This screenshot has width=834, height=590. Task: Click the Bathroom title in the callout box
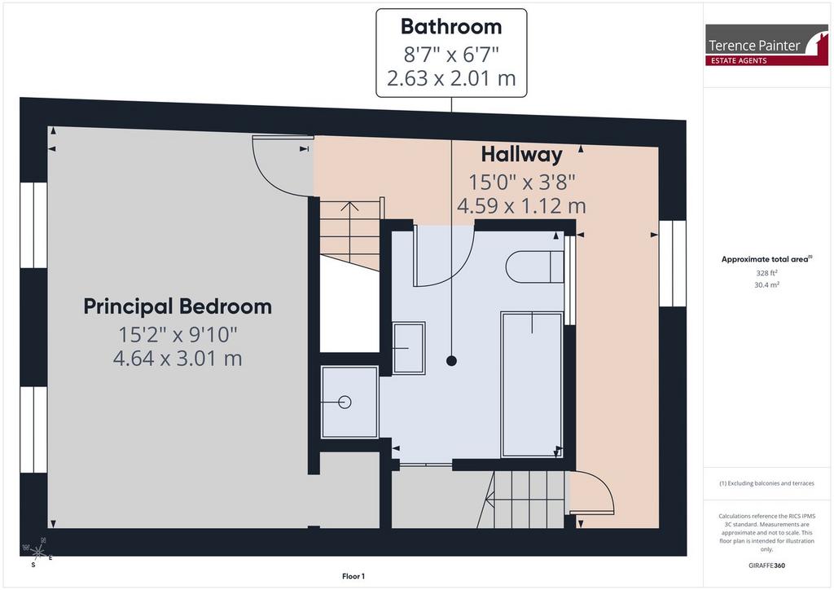tap(451, 27)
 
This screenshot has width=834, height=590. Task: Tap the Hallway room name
tap(521, 154)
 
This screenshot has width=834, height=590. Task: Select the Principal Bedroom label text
tap(178, 306)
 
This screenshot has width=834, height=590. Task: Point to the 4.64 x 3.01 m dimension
tap(178, 358)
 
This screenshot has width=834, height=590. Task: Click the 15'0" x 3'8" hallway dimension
tap(521, 182)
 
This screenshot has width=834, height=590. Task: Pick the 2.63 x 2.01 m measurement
tap(451, 78)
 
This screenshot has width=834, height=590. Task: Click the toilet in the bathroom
tap(534, 266)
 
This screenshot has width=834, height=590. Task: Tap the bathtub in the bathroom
tap(532, 384)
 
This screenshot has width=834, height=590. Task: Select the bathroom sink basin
tap(409, 348)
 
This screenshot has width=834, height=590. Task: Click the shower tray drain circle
tap(345, 403)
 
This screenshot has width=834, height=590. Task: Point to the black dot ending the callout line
tap(451, 361)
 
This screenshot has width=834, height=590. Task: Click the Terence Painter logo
tap(766, 45)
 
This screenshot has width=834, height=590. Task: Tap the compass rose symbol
tap(37, 552)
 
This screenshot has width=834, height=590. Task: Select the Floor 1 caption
tap(353, 576)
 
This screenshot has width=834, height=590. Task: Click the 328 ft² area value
tap(766, 273)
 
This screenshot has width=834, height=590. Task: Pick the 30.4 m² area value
tap(766, 284)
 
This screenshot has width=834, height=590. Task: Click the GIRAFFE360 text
tap(766, 566)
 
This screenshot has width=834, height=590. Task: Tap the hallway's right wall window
tap(672, 263)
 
